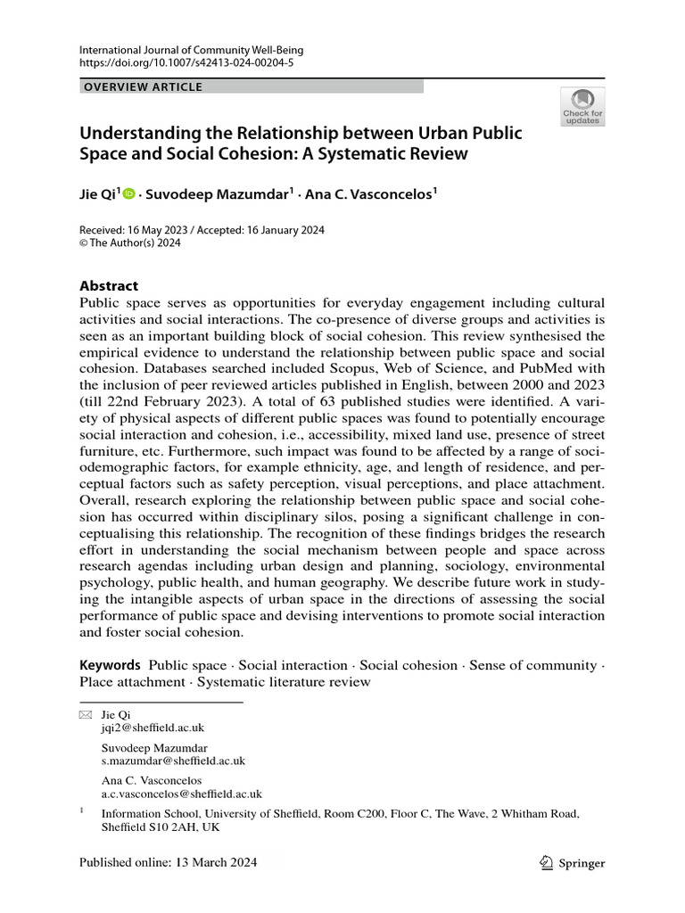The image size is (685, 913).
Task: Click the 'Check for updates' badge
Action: click(x=582, y=106)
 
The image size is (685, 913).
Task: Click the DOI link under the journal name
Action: click(x=186, y=65)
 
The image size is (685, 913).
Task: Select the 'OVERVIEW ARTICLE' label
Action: click(x=143, y=86)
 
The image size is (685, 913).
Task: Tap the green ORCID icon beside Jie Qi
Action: click(x=128, y=193)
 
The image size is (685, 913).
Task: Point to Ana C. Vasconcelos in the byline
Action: click(x=369, y=193)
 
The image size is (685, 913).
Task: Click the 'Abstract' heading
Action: click(x=109, y=285)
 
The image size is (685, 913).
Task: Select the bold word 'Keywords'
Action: click(x=110, y=665)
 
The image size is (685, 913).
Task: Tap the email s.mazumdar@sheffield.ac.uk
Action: click(x=173, y=761)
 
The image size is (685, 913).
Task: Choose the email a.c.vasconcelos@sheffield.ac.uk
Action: click(x=181, y=794)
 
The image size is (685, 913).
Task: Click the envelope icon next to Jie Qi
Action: click(x=86, y=715)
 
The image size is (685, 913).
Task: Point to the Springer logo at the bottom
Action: click(x=573, y=862)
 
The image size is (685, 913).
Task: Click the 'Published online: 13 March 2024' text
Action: click(x=168, y=862)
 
